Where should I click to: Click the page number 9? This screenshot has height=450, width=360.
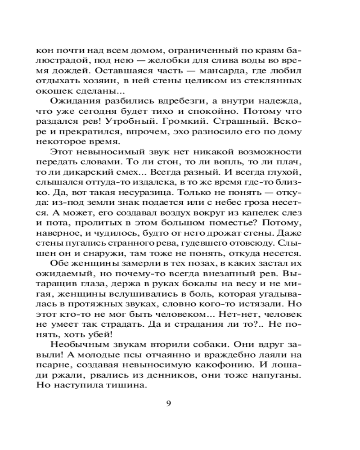click(x=169, y=403)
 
